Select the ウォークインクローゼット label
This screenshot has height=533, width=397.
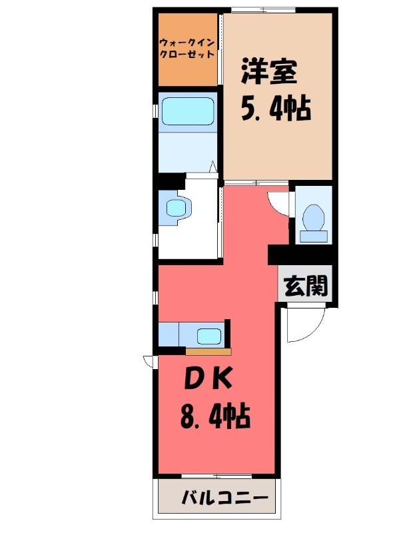[x=187, y=49]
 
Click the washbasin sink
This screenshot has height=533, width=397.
[x=177, y=207]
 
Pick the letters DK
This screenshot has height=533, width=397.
[x=208, y=378]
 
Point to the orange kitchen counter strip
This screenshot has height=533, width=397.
[x=208, y=350]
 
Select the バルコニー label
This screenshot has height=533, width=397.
[x=224, y=498]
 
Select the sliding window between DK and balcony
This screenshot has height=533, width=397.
[x=215, y=476]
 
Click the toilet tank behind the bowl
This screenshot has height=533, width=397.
[x=313, y=235]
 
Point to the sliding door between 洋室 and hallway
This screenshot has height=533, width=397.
[x=256, y=183]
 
